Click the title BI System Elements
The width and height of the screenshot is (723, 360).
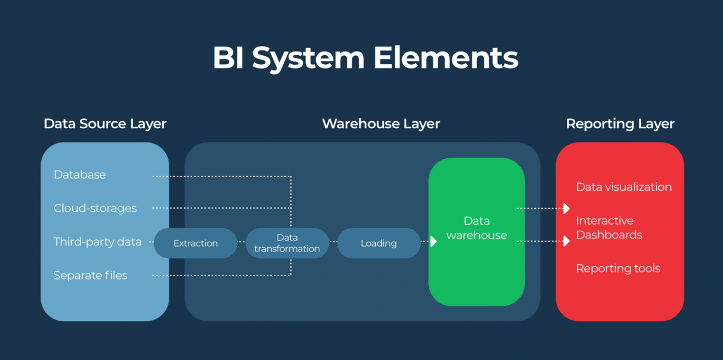coord(365,58)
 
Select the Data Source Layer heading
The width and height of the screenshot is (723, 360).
coord(105,124)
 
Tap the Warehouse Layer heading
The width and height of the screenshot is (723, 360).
coord(381,124)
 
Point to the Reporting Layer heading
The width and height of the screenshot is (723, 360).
coord(620,124)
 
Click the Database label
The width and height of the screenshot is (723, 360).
coord(79,175)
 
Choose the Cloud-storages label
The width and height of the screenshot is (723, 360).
coord(95,208)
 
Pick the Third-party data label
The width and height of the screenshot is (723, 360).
coord(97,242)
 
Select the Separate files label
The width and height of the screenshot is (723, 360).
coord(90,276)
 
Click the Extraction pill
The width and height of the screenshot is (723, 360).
coord(196,243)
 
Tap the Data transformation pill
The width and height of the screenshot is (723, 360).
coord(287,243)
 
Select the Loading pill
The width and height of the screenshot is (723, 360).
coord(378,243)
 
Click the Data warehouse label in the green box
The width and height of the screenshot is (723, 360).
coord(477,228)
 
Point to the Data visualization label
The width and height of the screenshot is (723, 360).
coord(623,187)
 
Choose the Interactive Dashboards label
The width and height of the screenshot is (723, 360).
coord(609,227)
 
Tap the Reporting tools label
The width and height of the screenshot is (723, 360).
coord(618,268)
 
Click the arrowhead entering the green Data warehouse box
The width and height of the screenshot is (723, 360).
coord(433,241)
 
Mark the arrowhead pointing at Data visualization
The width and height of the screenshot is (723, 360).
coord(566,208)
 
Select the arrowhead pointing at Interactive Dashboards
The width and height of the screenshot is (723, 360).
coord(566,241)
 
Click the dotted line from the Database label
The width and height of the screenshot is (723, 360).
coord(219,176)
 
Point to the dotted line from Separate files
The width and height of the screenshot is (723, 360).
coord(219,275)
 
